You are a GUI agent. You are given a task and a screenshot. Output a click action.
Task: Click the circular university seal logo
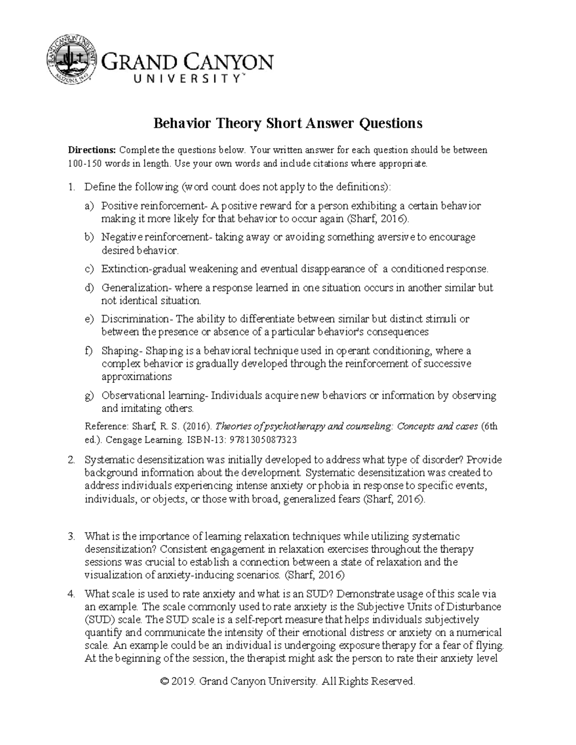pyautogui.click(x=72, y=59)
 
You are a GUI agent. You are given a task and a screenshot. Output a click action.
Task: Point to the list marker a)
pyautogui.click(x=88, y=206)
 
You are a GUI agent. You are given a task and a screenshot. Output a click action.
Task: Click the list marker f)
pyautogui.click(x=88, y=351)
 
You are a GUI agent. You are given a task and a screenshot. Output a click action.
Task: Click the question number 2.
pyautogui.click(x=71, y=460)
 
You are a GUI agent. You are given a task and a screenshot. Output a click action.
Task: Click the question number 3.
pyautogui.click(x=71, y=536)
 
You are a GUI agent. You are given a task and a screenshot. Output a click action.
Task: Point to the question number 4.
pyautogui.click(x=71, y=594)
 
